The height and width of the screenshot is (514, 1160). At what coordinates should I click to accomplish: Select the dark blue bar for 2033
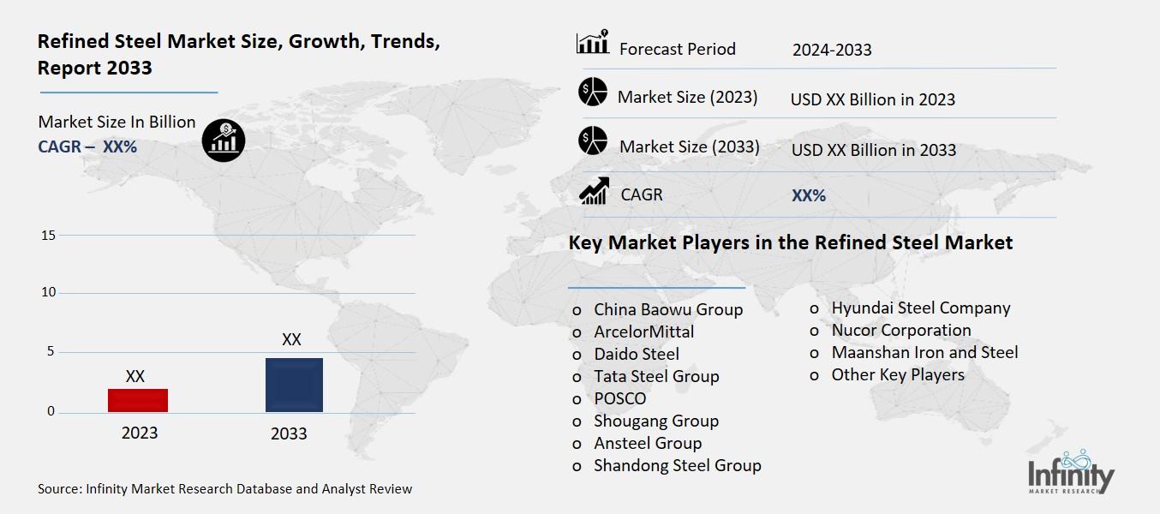[294, 385]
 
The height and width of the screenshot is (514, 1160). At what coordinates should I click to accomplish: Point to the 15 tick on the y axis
[48, 236]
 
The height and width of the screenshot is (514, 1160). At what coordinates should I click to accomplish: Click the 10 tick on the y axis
[48, 293]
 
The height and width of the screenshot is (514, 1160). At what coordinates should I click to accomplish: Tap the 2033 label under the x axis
[289, 433]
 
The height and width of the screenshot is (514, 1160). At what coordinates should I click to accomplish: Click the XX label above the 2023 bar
[135, 376]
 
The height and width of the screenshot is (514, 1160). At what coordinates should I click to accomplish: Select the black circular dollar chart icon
[224, 139]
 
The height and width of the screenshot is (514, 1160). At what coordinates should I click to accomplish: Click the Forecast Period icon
[593, 42]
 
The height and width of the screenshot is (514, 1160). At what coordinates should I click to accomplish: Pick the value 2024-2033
[832, 50]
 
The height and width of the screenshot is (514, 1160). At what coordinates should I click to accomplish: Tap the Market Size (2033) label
[689, 146]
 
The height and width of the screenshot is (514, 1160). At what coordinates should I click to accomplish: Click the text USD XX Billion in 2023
[872, 99]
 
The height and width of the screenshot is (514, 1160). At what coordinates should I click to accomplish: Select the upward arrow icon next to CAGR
[593, 190]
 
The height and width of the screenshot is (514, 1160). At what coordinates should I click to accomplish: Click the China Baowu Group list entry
[668, 309]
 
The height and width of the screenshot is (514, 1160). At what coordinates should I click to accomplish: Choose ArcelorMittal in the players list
[643, 332]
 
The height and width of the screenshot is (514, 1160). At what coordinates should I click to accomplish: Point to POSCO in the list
[619, 398]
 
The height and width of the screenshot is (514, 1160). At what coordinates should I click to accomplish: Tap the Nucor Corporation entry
[900, 330]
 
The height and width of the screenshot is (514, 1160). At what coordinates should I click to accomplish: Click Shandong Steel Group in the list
[677, 465]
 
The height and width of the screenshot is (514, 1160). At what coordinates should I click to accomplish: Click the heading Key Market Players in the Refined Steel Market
[790, 243]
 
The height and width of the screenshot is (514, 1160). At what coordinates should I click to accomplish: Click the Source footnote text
[225, 489]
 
